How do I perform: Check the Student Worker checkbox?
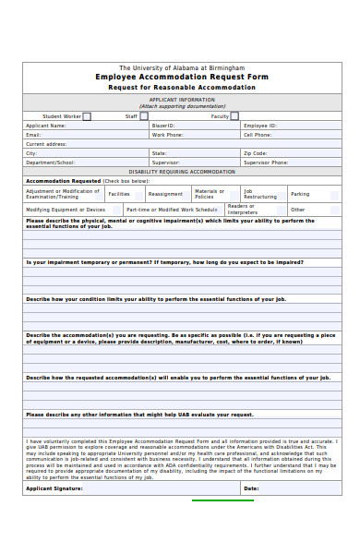tap(87, 116)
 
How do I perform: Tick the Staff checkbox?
tap(144, 116)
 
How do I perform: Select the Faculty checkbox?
tap(234, 116)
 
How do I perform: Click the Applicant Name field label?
tap(46, 126)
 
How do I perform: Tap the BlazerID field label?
tap(163, 126)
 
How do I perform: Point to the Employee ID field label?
tap(260, 126)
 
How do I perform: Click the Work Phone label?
tap(168, 135)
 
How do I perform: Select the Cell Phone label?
tap(258, 135)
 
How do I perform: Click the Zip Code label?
tap(256, 153)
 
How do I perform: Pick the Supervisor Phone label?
tap(266, 163)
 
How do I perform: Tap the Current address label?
tap(46, 144)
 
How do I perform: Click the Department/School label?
tap(51, 163)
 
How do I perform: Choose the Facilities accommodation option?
tap(119, 194)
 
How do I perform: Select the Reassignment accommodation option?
tap(165, 194)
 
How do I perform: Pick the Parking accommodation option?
tap(300, 194)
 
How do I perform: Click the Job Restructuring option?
tap(259, 194)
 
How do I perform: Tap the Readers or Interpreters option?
tap(243, 210)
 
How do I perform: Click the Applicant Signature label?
tap(54, 488)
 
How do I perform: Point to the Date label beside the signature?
tap(251, 488)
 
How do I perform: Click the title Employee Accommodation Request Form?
tap(182, 77)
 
